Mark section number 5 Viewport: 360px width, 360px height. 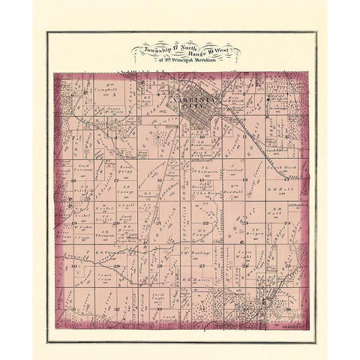[112, 96]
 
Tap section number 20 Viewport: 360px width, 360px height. [117, 223]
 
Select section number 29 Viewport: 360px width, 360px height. [117, 265]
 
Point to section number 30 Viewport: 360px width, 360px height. [75, 265]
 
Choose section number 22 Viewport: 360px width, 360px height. [205, 223]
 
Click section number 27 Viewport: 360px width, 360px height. [202, 265]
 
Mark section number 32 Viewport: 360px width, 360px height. [117, 307]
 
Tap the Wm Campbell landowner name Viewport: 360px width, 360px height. [109, 89]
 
